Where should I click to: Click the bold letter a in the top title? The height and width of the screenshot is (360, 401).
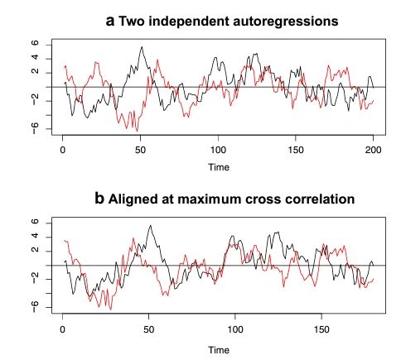(x=110, y=20)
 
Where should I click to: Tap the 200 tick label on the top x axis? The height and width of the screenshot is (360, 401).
(x=373, y=150)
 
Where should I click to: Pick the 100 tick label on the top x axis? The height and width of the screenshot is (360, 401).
(x=218, y=150)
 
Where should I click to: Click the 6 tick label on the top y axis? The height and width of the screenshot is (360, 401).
(x=36, y=43)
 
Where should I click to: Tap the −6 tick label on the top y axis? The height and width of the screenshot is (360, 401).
(x=36, y=127)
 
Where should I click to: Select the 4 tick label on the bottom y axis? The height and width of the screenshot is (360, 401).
(x=36, y=236)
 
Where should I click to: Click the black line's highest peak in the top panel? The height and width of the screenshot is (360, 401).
(x=141, y=47)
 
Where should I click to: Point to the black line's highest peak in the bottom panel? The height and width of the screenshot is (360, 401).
(x=150, y=225)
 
